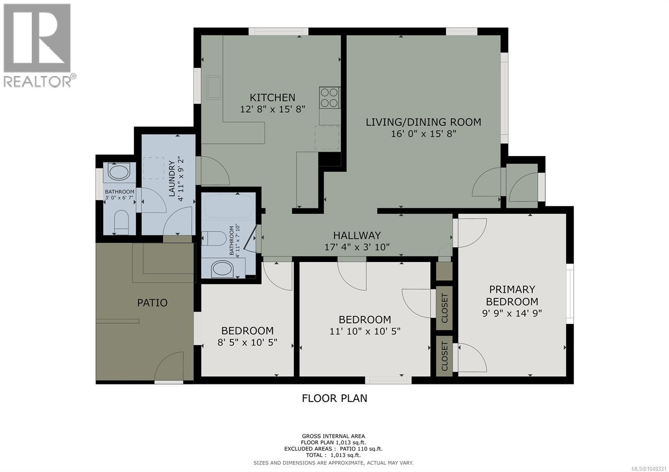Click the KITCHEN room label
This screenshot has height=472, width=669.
(272, 98)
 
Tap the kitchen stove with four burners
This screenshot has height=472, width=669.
(330, 98)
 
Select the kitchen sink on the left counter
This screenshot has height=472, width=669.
(214, 87)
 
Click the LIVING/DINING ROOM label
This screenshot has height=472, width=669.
(424, 122)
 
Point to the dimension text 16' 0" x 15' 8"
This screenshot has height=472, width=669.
(424, 134)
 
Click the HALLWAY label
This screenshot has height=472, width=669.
(357, 236)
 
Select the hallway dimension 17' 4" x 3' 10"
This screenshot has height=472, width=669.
(357, 247)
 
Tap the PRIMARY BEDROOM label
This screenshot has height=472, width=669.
(512, 295)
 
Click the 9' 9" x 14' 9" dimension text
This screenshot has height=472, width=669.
(512, 313)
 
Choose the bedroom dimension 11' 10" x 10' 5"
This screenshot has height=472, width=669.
(365, 331)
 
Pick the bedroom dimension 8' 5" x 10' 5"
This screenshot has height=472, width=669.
(247, 342)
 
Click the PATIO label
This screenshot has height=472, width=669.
(152, 303)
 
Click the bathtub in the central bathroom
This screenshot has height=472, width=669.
(228, 206)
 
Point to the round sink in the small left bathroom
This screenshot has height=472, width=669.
(119, 172)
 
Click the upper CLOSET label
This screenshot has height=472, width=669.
(444, 308)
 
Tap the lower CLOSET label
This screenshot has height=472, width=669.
(444, 356)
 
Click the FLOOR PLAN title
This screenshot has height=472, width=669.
(334, 398)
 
